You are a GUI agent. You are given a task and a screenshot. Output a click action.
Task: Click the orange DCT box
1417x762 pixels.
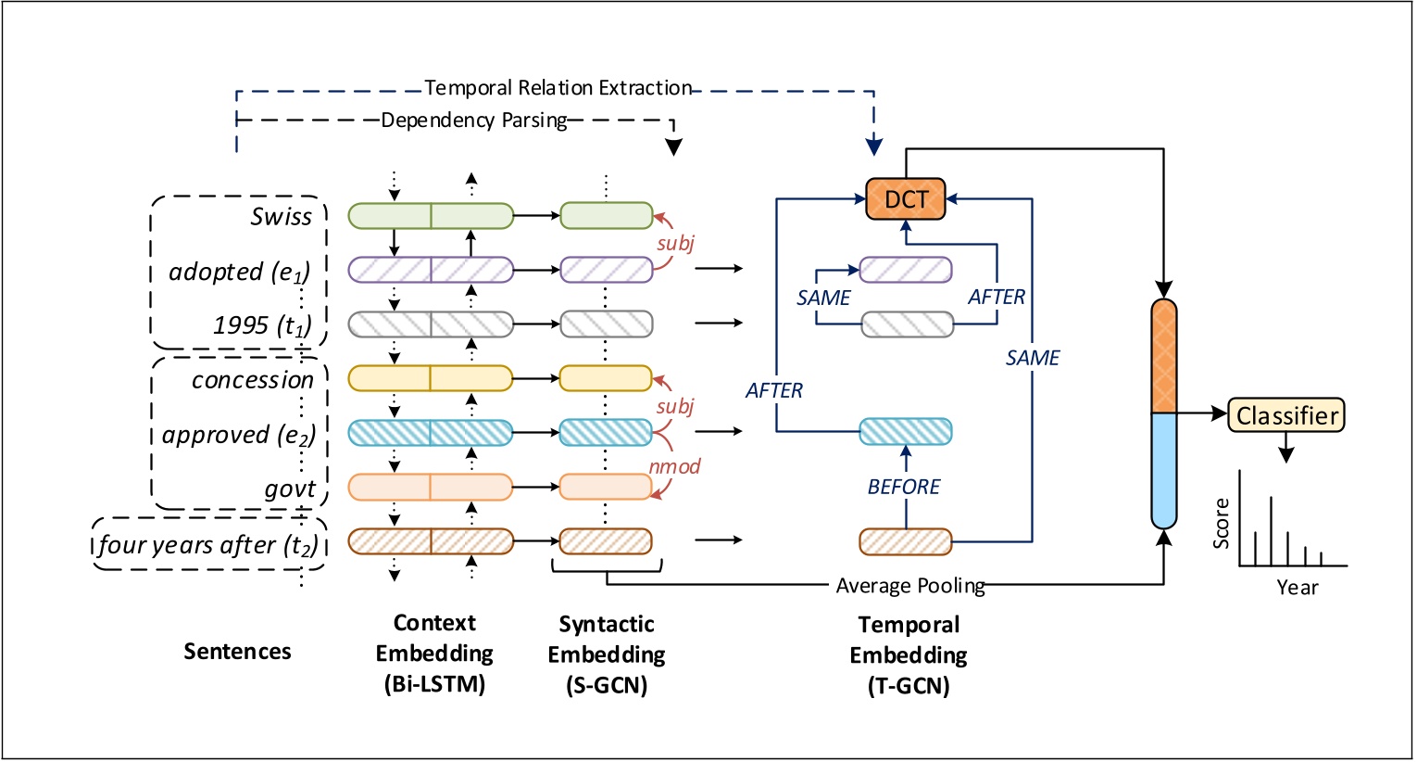(905, 199)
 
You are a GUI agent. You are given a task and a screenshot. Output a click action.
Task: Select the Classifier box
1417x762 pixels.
(1285, 415)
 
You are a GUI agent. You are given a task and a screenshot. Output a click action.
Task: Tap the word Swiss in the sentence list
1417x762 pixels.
(281, 217)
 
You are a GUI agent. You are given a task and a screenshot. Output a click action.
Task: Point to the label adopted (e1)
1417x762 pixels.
(239, 272)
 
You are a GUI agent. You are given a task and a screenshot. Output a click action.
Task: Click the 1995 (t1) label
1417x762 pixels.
(262, 325)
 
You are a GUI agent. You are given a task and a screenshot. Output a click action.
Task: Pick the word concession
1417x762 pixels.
(252, 380)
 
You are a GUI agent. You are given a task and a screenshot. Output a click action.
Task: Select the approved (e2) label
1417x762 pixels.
(239, 435)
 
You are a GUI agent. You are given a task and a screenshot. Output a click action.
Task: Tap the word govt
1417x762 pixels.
(290, 489)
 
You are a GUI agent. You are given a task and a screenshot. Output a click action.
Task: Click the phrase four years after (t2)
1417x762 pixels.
(208, 545)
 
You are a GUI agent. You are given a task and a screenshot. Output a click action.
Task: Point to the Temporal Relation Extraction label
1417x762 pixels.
(558, 88)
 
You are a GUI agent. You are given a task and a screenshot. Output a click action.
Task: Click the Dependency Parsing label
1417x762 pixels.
(474, 121)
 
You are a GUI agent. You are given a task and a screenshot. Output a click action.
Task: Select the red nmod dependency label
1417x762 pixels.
(674, 466)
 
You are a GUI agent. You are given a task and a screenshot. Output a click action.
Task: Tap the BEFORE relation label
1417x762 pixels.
(903, 487)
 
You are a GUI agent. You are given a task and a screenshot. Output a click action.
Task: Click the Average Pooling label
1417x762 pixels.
(909, 586)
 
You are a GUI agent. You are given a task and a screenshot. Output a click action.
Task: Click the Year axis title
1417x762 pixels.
(1297, 588)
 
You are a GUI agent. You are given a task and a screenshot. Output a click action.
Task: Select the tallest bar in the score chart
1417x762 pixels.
(1271, 530)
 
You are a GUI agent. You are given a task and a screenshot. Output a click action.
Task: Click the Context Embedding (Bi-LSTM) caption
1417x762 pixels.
(433, 654)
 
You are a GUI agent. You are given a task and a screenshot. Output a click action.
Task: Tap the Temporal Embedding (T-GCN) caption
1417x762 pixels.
(908, 655)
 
